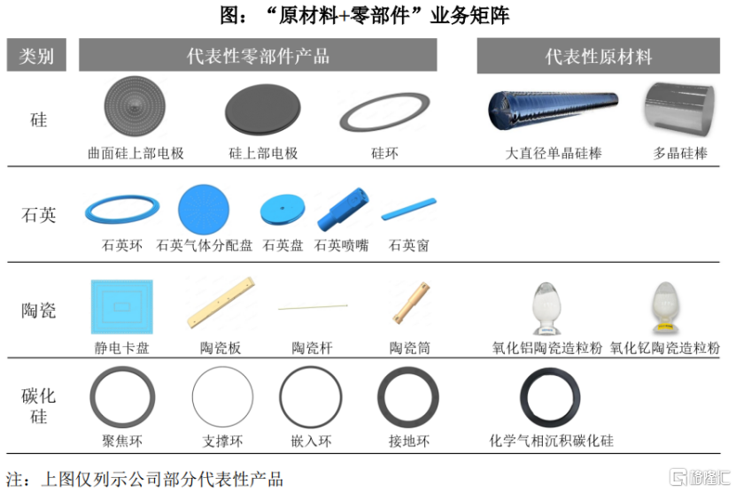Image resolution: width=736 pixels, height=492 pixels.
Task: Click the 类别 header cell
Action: click(x=37, y=56)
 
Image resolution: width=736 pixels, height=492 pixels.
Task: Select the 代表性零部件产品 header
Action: click(x=258, y=56)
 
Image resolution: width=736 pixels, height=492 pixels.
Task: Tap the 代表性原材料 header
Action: click(x=598, y=57)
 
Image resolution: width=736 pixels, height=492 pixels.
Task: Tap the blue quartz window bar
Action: click(x=409, y=210)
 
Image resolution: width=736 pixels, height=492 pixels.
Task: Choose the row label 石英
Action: click(x=39, y=215)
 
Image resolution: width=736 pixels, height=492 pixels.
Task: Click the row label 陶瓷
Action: click(x=39, y=310)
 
